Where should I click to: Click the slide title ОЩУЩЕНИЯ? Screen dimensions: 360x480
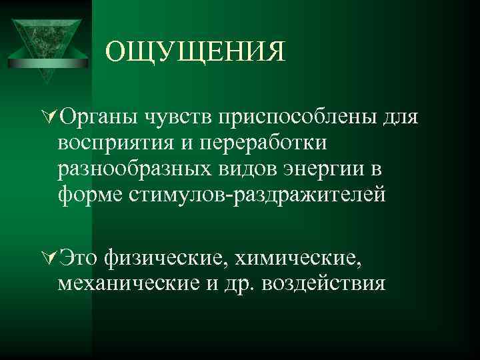point(195,51)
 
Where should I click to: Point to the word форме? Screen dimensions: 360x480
point(88,195)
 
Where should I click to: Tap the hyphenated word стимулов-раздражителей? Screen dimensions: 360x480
point(255,195)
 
